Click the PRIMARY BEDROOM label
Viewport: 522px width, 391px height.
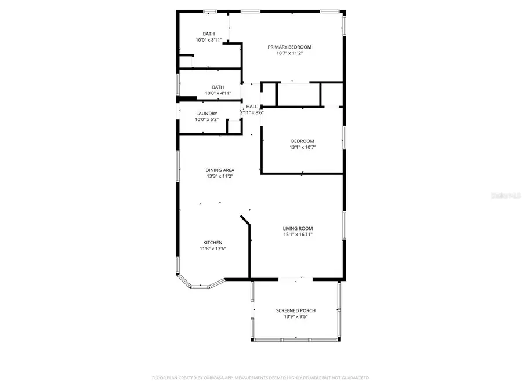289,47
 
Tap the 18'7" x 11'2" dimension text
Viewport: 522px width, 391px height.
289,53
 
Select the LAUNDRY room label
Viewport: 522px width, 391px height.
206,114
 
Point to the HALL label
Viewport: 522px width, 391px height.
252,107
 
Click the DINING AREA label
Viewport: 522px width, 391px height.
220,170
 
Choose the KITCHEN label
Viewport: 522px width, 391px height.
212,243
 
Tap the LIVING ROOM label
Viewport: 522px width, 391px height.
298,228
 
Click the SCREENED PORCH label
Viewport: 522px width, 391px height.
296,310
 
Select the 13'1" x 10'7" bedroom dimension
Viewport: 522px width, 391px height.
302,148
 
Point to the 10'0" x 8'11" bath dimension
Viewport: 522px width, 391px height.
209,40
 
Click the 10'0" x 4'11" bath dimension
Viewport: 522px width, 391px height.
217,93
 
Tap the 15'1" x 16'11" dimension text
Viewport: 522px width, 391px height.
298,235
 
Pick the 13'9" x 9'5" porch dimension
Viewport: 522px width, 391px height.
296,317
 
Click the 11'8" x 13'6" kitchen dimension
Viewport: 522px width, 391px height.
212,249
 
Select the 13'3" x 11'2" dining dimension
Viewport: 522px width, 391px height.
220,176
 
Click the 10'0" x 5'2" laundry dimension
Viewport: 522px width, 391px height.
206,120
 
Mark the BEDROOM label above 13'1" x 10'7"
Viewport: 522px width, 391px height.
302,141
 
